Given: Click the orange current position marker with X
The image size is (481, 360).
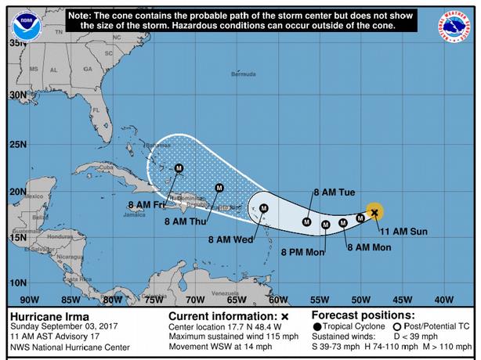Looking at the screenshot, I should click(374, 211).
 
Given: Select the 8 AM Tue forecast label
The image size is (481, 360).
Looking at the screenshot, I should click(335, 192).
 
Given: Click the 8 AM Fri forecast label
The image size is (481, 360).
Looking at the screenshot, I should click(146, 205).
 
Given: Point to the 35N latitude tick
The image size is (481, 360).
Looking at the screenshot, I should click(16, 44).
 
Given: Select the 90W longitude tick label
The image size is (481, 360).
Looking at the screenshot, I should click(29, 299).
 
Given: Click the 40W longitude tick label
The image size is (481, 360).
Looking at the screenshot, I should click(443, 299).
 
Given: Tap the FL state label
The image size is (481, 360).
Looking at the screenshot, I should click(96, 110).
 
